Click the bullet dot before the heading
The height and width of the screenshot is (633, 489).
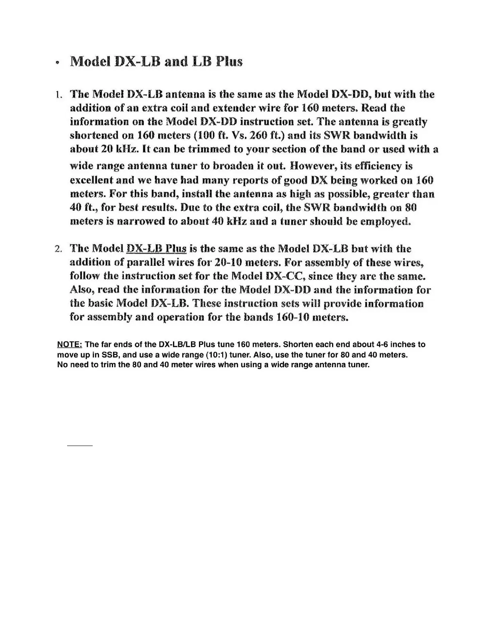[59, 63]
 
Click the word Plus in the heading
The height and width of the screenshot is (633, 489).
[229, 62]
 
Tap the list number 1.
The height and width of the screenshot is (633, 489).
[59, 95]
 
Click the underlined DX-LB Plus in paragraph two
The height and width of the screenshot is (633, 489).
[156, 249]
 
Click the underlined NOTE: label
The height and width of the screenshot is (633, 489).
[70, 344]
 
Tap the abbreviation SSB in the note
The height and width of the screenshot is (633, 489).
[110, 355]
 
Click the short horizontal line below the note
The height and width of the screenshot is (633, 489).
[80, 445]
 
